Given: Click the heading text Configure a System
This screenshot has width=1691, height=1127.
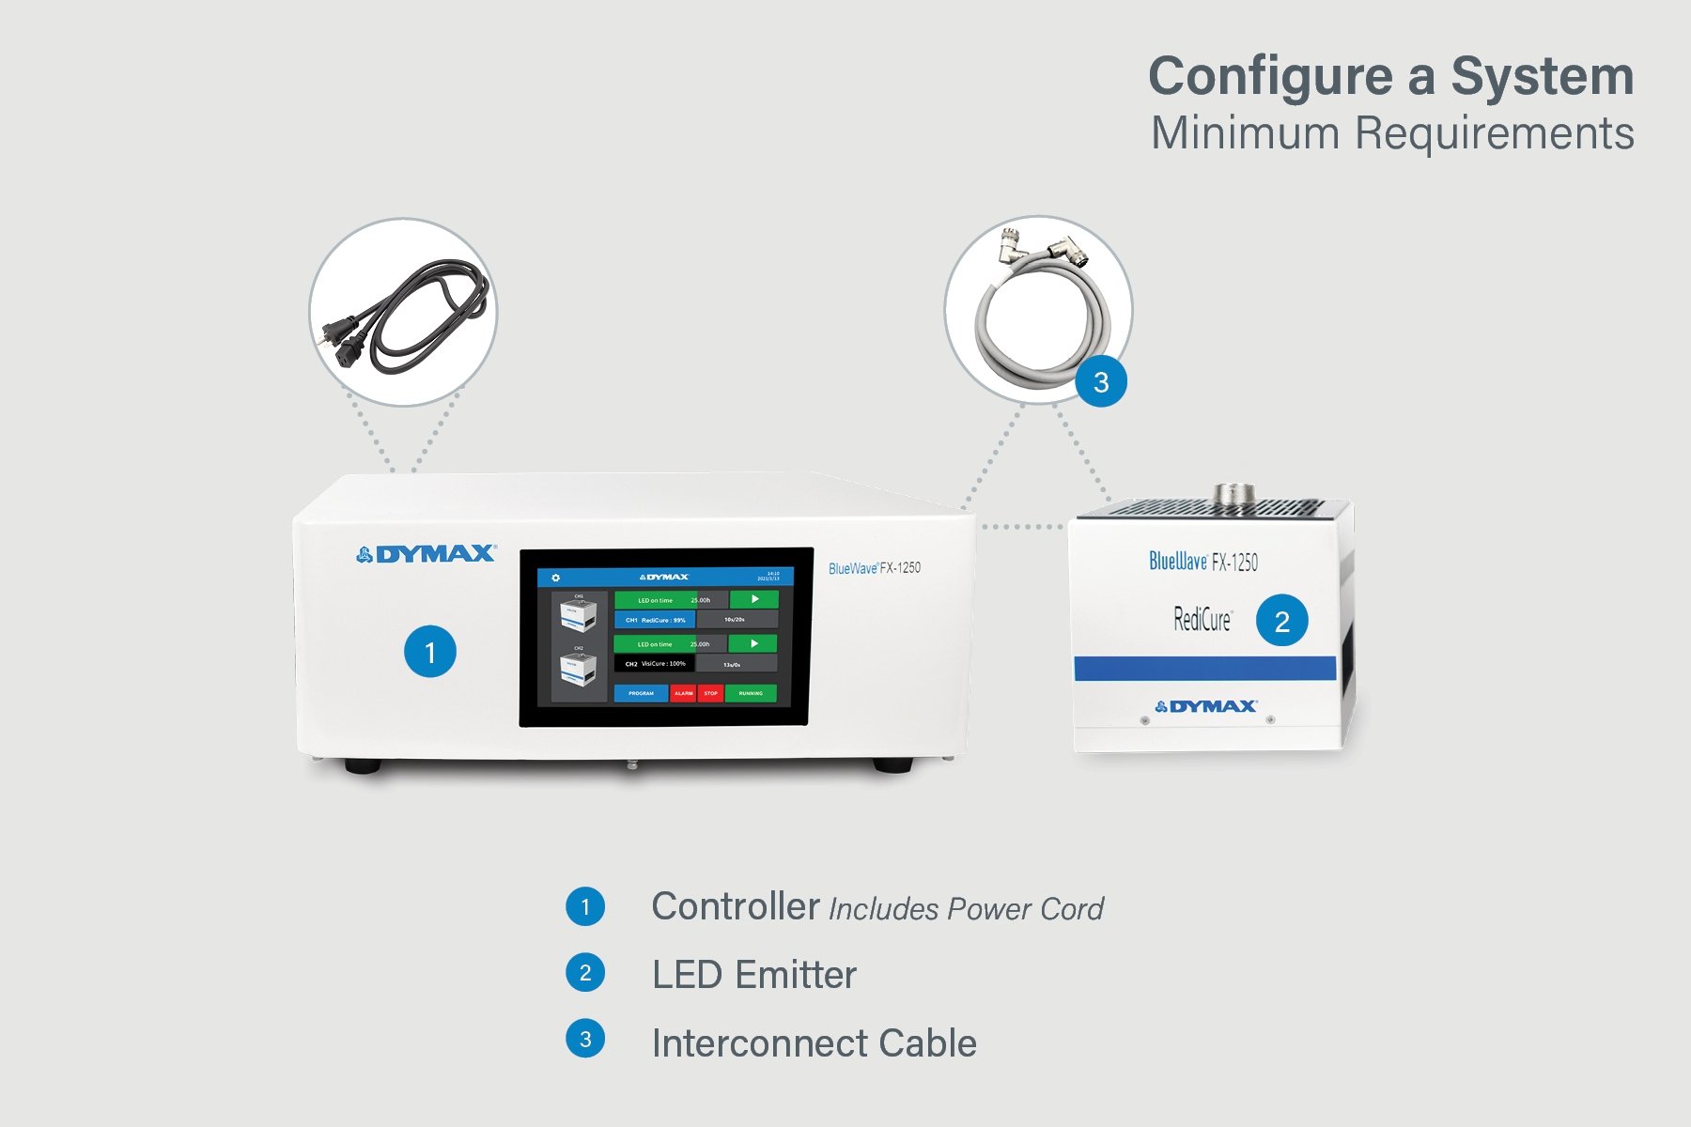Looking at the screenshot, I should [x=1390, y=77].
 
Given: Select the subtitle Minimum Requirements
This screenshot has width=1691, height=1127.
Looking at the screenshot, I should [x=1392, y=133].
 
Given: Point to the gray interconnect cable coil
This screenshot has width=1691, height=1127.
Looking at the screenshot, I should [x=1038, y=319].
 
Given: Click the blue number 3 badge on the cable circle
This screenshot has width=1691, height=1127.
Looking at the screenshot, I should [x=1101, y=382].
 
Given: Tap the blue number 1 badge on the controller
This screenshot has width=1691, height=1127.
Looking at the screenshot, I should [x=430, y=652].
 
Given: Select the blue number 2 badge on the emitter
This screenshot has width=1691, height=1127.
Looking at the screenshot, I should [x=1281, y=621].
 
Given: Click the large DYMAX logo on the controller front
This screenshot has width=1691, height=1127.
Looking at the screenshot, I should [x=427, y=554].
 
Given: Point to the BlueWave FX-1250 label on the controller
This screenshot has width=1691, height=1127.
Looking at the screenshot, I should [x=874, y=568].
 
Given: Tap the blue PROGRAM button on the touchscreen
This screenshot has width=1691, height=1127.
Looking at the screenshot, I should [x=641, y=693].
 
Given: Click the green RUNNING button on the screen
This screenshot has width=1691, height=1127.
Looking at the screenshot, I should [x=751, y=693].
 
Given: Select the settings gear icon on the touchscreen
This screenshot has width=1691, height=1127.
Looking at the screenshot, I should [x=555, y=578].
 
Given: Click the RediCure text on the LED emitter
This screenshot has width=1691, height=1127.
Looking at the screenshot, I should [x=1202, y=620].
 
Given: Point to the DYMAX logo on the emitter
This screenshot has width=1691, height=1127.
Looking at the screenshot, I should [x=1206, y=706].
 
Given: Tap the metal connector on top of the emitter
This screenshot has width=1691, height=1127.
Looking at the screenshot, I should [x=1233, y=494].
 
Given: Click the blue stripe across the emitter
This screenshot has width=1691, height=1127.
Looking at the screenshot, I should [x=1204, y=668].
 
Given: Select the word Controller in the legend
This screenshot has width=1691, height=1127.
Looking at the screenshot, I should [x=736, y=907].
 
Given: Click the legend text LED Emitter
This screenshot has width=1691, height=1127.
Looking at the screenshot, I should [x=754, y=975].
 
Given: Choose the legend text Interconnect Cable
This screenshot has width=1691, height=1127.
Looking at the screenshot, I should [x=814, y=1043].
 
